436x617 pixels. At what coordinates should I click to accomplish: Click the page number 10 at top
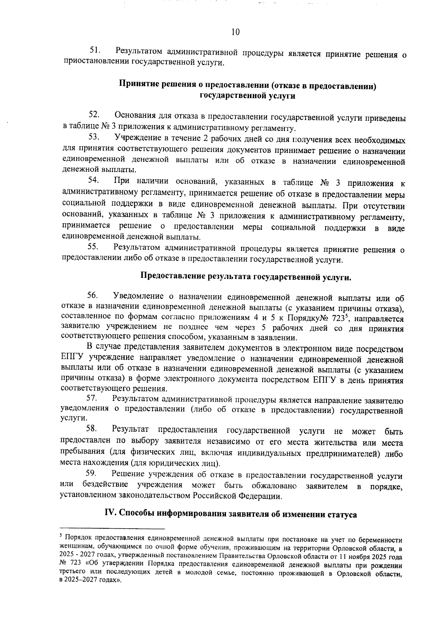235,32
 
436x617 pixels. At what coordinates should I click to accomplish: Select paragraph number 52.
94,115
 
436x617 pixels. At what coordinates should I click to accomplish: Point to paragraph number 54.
94,180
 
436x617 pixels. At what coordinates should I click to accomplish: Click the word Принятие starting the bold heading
137,85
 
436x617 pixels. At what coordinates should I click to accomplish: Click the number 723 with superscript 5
341,318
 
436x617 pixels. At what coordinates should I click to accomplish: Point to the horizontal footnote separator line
112,529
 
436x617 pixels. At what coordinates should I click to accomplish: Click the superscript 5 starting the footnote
61,535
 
